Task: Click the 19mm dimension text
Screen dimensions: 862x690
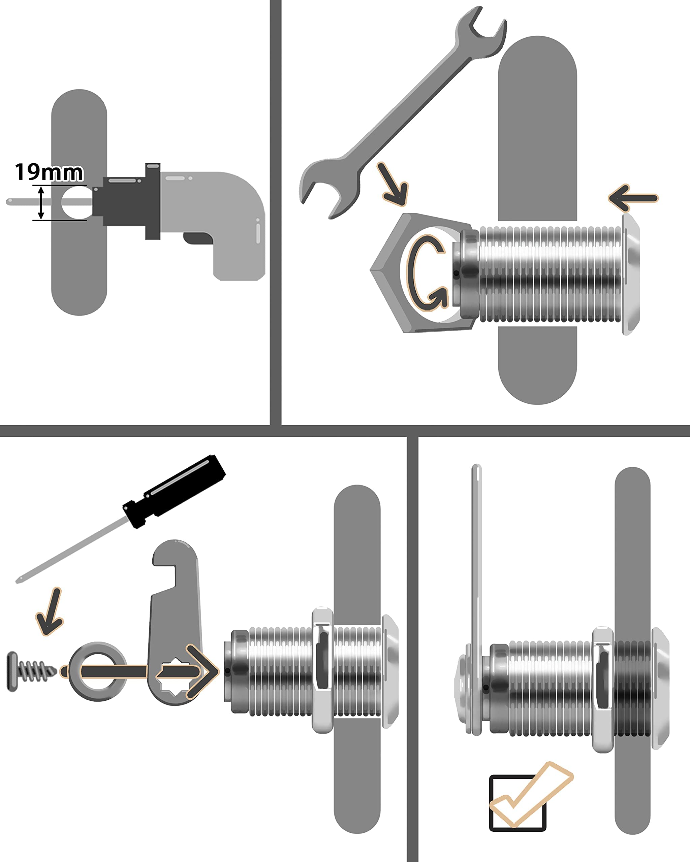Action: pos(49,172)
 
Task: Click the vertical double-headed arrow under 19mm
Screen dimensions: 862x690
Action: pos(41,203)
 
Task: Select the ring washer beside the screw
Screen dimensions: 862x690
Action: pos(98,672)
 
